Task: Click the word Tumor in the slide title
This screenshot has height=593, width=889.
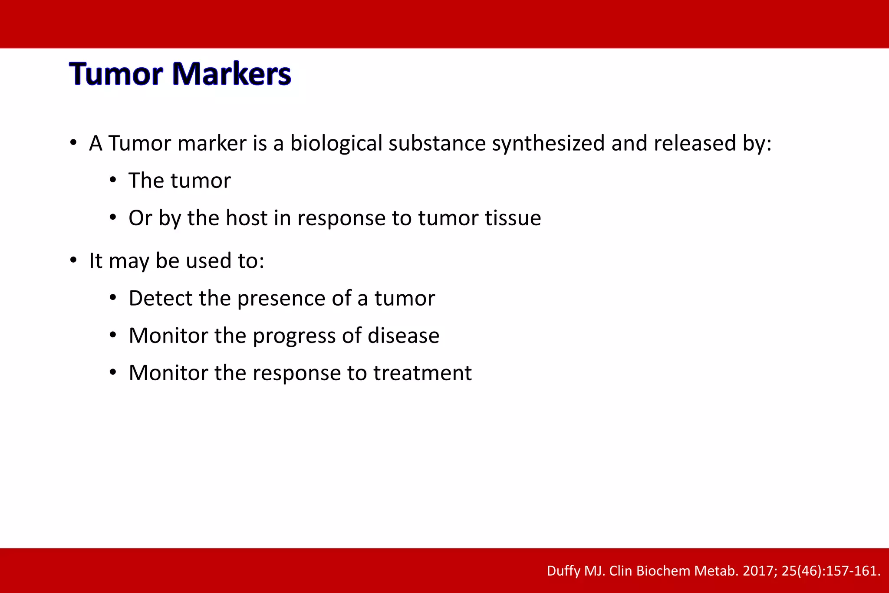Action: (x=116, y=74)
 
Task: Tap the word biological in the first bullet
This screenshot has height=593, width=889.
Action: (x=336, y=143)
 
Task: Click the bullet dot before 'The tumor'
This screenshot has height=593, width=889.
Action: (x=113, y=180)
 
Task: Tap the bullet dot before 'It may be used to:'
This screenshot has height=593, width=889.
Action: (x=73, y=260)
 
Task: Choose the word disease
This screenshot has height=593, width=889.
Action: (x=403, y=336)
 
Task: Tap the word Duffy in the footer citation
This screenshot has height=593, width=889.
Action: (x=563, y=570)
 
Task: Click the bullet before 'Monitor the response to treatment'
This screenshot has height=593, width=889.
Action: (x=113, y=372)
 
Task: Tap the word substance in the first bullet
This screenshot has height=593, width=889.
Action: (x=437, y=143)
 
